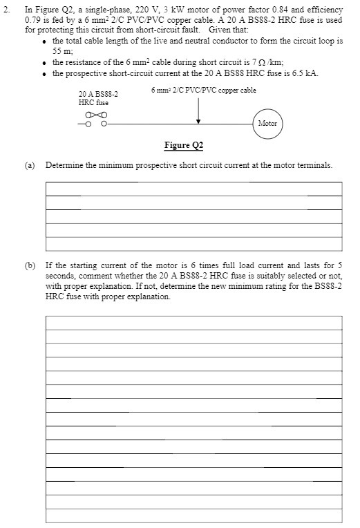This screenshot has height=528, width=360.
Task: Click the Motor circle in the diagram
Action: pos(267,124)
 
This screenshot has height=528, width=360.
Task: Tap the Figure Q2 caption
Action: pos(184,145)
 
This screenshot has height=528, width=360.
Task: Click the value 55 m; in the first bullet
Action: pos(63,51)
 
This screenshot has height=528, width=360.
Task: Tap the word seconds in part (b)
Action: pos(60,275)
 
